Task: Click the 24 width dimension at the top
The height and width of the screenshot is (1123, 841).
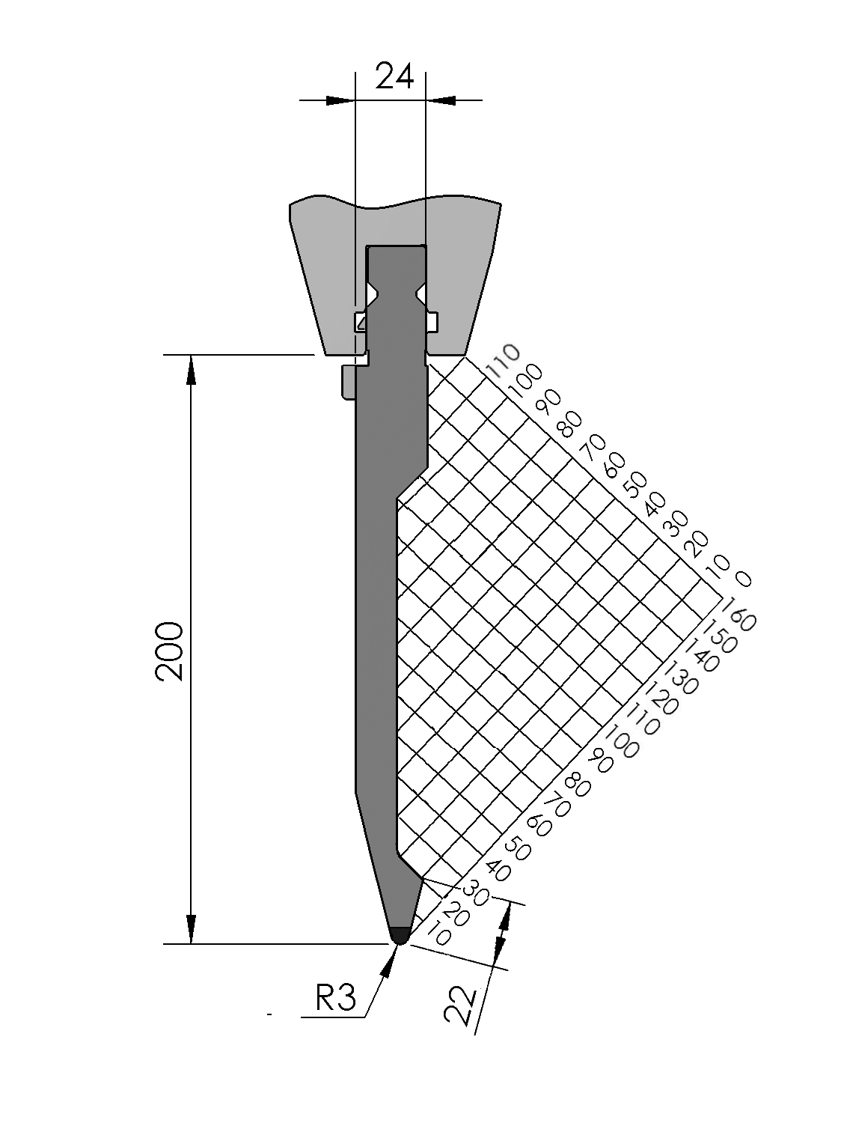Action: click(394, 76)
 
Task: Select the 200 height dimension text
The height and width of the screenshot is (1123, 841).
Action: click(170, 650)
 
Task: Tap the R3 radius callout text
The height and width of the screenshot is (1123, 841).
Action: click(335, 998)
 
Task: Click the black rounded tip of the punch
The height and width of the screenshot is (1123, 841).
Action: click(400, 934)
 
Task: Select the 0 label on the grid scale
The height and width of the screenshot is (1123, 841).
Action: click(742, 579)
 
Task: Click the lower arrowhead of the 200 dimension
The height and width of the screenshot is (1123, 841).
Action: click(192, 929)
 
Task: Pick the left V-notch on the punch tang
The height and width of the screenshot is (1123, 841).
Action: click(371, 290)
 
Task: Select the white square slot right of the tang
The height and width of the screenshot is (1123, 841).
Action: click(432, 321)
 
